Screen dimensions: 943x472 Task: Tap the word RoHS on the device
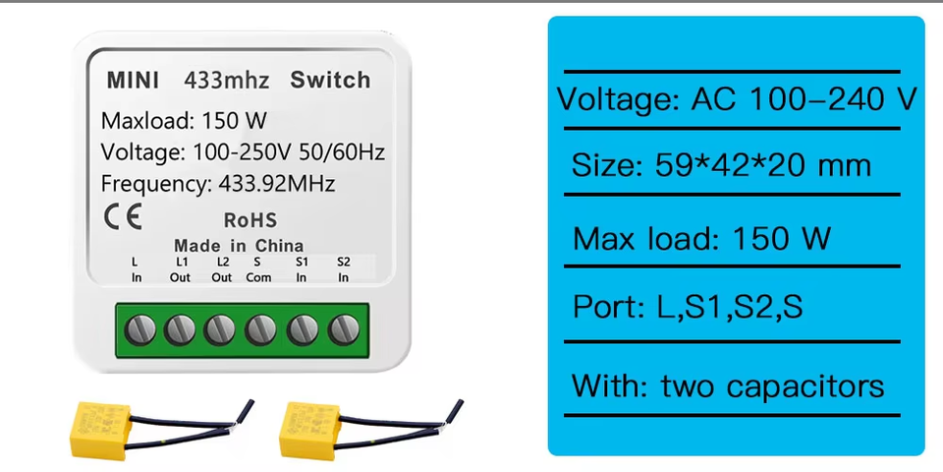click(250, 220)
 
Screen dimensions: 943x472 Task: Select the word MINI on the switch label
click(134, 80)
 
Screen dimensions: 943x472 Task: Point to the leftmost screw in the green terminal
click(138, 328)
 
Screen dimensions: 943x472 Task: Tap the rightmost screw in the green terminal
click(344, 328)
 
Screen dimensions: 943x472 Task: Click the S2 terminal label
click(343, 262)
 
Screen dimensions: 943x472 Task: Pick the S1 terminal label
click(302, 262)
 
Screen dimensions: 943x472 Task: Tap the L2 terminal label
click(222, 262)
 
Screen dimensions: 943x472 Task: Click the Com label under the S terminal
click(258, 277)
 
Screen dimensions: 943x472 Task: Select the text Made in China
click(239, 245)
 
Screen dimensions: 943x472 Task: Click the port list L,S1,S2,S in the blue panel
click(730, 308)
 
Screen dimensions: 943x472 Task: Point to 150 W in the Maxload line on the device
click(234, 122)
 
